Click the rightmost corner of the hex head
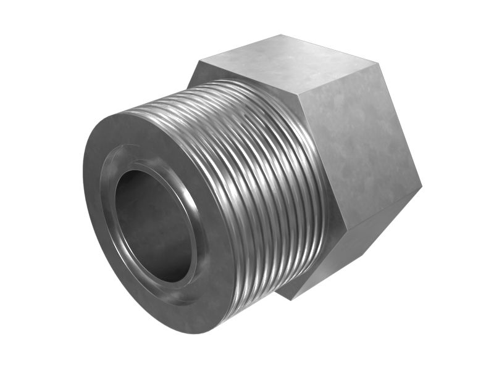(421, 185)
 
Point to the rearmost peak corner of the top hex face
(282, 35)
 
